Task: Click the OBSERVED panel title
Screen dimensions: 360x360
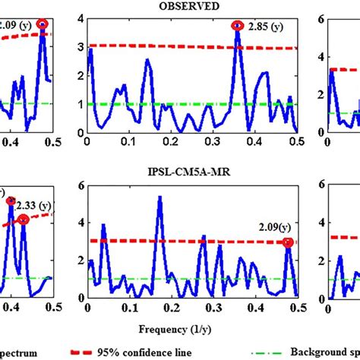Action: pos(190,6)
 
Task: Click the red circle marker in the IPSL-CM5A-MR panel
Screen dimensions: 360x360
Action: pos(287,242)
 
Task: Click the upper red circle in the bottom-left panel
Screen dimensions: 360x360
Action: pos(11,202)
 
